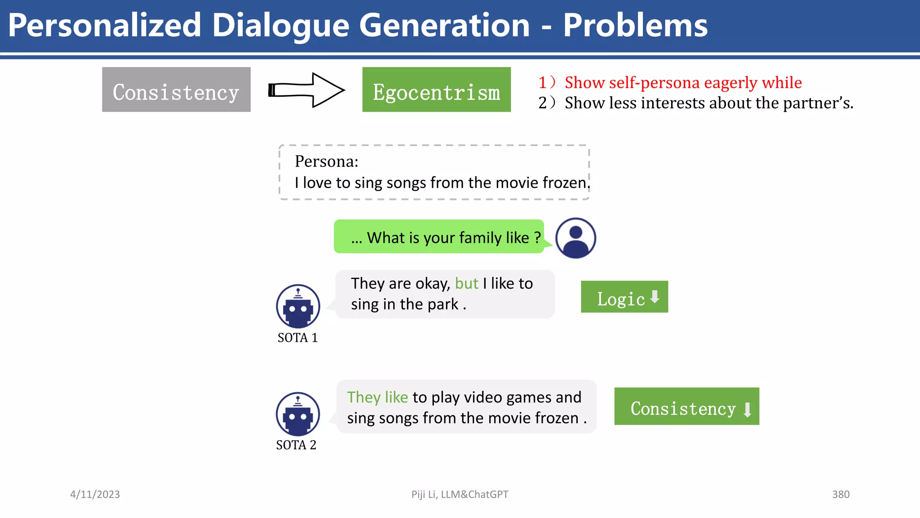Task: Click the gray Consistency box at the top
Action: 176,89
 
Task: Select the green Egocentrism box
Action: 436,89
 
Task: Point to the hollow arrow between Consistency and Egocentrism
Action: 306,90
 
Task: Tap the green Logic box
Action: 624,297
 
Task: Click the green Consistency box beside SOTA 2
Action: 686,406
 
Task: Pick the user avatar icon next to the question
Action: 575,238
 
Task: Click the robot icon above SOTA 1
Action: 298,306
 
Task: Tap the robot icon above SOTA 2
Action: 298,414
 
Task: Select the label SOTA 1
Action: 297,338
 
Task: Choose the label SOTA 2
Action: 296,445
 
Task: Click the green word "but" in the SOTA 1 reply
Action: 466,283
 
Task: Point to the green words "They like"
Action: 377,397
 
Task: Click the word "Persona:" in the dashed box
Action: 327,161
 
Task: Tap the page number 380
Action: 840,494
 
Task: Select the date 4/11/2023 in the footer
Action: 95,494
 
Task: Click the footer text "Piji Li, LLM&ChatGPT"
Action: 460,494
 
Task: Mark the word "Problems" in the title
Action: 635,25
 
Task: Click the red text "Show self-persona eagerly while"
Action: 683,82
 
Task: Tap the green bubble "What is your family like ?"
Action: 439,237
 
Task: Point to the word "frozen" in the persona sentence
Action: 565,183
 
